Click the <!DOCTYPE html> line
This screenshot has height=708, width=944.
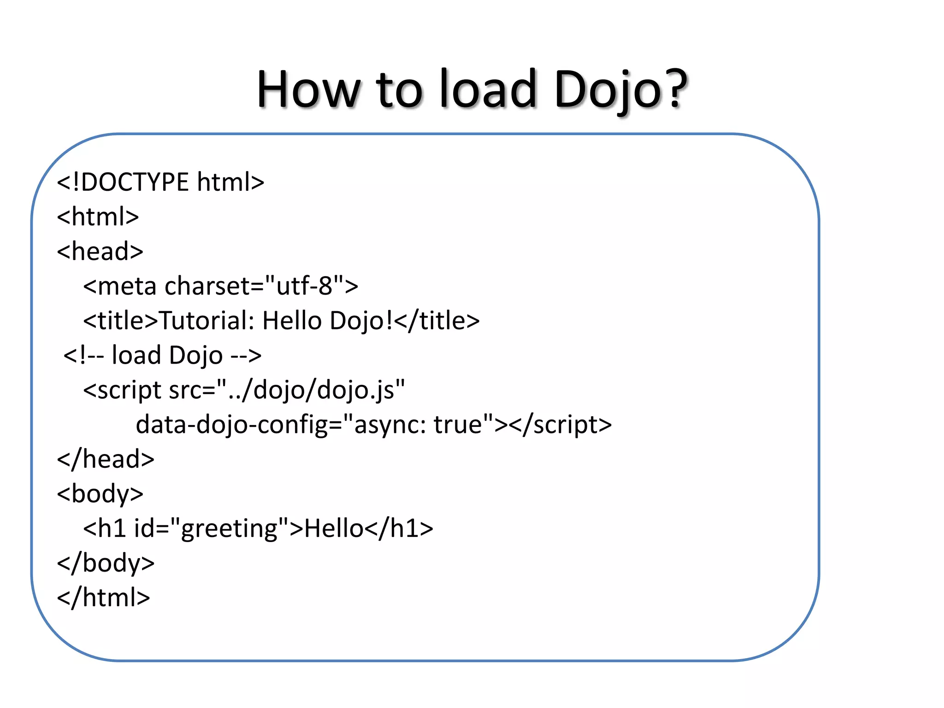[160, 182]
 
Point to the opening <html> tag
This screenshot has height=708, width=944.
[98, 217]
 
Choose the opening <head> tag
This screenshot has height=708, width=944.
[100, 251]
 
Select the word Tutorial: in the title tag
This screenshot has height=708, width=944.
[206, 321]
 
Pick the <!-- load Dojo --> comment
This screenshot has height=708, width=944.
[162, 355]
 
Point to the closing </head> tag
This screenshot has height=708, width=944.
[106, 459]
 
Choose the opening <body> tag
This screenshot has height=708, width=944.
[100, 494]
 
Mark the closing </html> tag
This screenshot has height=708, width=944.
[104, 597]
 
